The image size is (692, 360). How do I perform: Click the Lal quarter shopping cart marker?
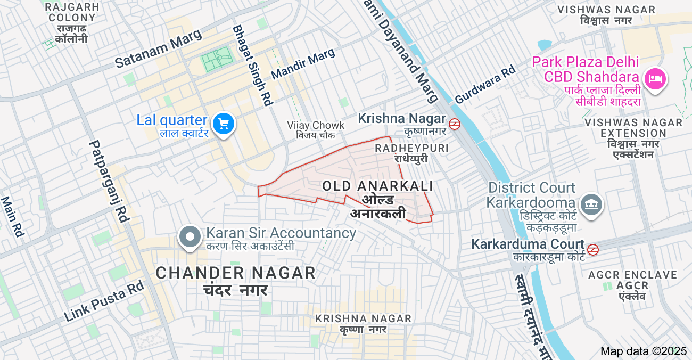pyautogui.click(x=224, y=124)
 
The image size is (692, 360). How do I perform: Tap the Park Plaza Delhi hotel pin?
pyautogui.click(x=655, y=80)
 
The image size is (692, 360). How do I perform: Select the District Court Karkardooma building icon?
pyautogui.click(x=590, y=205)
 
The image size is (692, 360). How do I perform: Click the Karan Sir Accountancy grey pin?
pyautogui.click(x=190, y=238)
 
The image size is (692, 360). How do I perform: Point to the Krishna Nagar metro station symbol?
pyautogui.click(x=454, y=124)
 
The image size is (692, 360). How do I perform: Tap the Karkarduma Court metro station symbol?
pyautogui.click(x=593, y=249)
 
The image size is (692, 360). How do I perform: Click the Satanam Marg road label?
pyautogui.click(x=159, y=48)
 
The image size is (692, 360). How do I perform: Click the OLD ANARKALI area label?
pyautogui.click(x=377, y=186)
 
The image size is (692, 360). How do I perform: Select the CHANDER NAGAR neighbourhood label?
pyautogui.click(x=235, y=273)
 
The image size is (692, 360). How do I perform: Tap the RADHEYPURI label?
pyautogui.click(x=411, y=148)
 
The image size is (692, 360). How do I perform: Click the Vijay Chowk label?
pyautogui.click(x=316, y=126)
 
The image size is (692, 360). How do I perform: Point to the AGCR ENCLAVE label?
pyautogui.click(x=632, y=275)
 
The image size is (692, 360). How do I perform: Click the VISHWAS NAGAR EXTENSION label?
pyautogui.click(x=633, y=128)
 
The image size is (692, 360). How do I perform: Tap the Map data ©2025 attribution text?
pyautogui.click(x=644, y=351)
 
